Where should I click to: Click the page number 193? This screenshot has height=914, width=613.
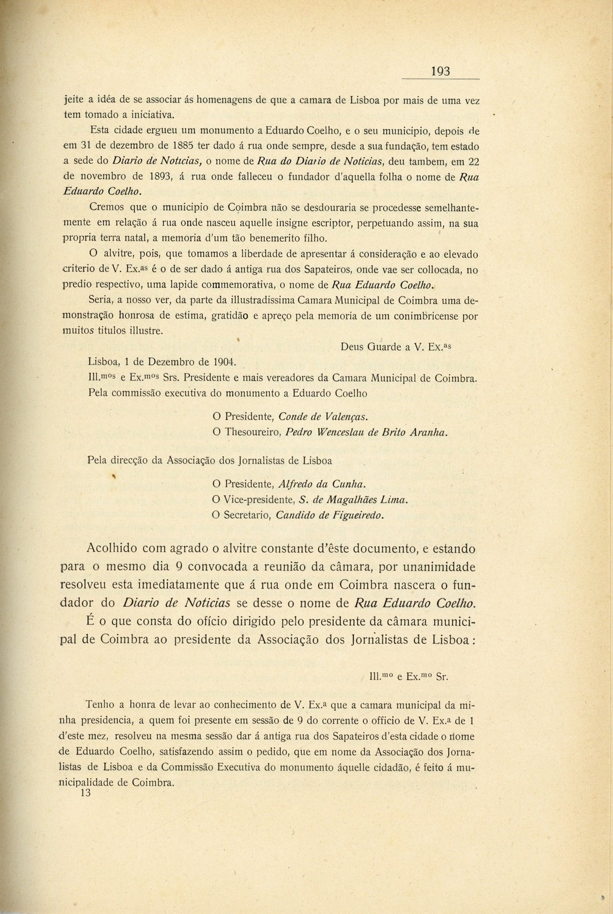click(440, 71)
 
